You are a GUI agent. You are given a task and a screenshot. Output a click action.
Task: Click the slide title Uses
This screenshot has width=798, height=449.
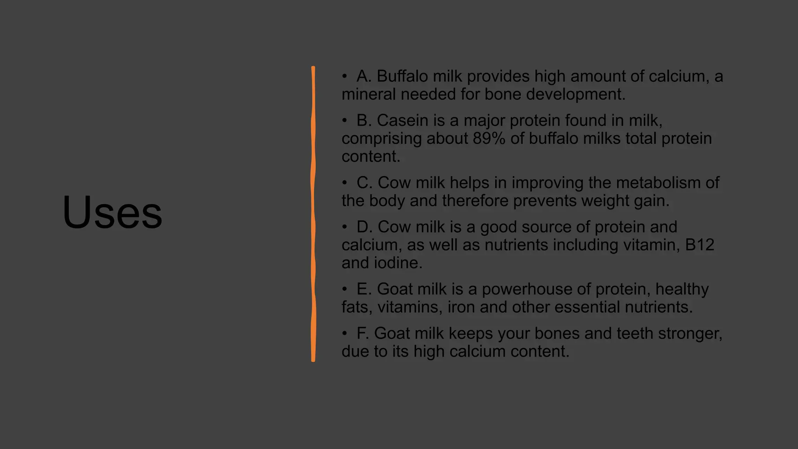pyautogui.click(x=112, y=213)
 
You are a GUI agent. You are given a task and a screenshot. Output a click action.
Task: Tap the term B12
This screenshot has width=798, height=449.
pyautogui.click(x=699, y=245)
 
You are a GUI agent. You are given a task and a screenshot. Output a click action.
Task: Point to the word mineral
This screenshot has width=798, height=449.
pyautogui.click(x=369, y=94)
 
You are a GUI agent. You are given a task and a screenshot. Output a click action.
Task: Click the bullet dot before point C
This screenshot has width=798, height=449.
pyautogui.click(x=344, y=183)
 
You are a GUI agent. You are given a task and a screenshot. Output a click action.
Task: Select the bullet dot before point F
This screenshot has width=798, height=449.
pyautogui.click(x=344, y=334)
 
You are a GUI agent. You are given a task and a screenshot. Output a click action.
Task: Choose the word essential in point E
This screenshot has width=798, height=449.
pyautogui.click(x=587, y=307)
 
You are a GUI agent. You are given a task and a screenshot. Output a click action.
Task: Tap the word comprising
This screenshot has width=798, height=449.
pyautogui.click(x=381, y=139)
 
